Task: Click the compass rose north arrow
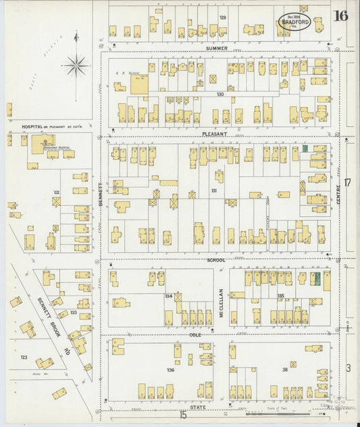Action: coord(76,66)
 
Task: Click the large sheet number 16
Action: coord(340,16)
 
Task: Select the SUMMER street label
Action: coord(217,48)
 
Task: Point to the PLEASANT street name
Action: coord(215,134)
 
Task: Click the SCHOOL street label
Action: coord(215,259)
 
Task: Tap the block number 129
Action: coord(222,17)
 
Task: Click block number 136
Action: coord(170,370)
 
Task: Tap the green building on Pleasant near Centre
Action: coord(305,148)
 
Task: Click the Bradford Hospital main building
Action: coord(45,143)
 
